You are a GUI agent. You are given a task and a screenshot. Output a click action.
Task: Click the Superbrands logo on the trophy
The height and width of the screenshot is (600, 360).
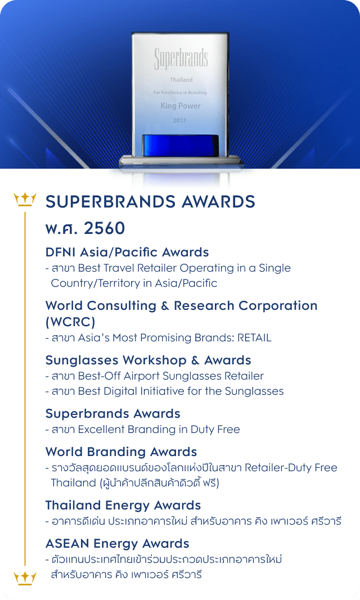[x=181, y=59]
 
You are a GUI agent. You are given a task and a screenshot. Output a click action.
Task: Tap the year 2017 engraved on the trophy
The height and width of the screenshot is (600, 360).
[x=179, y=120]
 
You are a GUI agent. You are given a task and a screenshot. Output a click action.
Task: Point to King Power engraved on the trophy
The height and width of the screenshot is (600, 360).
[x=180, y=106]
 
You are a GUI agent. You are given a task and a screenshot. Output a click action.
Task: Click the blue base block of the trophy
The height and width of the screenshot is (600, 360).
[x=180, y=145]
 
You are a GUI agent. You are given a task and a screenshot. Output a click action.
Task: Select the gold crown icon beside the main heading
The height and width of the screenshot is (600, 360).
[x=25, y=200]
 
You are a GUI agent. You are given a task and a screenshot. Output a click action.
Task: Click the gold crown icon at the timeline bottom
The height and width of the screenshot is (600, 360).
[x=25, y=578]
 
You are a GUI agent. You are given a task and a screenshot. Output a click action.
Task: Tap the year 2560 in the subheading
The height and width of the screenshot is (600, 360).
[x=105, y=228]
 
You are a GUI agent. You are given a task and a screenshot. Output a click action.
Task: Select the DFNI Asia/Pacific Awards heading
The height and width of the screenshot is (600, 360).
[x=127, y=252]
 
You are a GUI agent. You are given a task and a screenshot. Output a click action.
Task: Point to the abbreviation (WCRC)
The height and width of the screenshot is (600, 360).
[x=70, y=322]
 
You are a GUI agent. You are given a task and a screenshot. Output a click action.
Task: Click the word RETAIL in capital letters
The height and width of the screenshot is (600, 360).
[x=254, y=338]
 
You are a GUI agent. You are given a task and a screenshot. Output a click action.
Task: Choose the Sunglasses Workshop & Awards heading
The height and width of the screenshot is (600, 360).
[x=148, y=360]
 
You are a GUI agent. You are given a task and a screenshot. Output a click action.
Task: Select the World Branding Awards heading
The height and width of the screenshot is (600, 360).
[x=121, y=452]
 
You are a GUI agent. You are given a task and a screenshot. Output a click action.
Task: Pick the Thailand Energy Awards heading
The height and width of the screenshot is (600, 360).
[x=123, y=506]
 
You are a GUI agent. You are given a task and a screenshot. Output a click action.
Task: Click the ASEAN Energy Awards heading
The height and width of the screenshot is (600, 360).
[x=118, y=544]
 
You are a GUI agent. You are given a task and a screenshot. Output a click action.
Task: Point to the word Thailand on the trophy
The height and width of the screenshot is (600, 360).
[x=181, y=80]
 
